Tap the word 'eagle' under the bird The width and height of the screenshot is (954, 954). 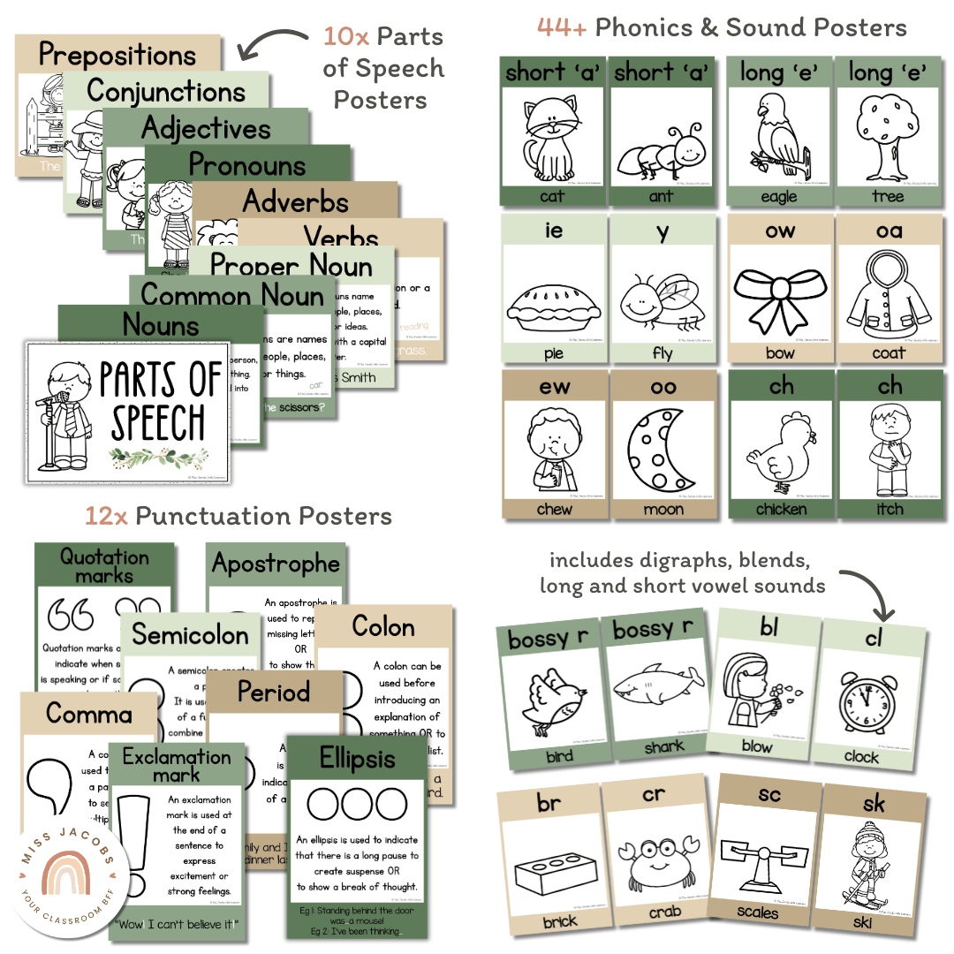point(778,197)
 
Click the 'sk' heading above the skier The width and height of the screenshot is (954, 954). point(874,802)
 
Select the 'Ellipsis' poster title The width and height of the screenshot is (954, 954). point(358,758)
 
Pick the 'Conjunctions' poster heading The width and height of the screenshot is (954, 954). point(166,91)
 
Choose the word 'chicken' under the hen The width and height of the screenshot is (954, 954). point(781,509)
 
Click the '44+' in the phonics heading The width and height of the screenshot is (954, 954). point(562,27)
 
